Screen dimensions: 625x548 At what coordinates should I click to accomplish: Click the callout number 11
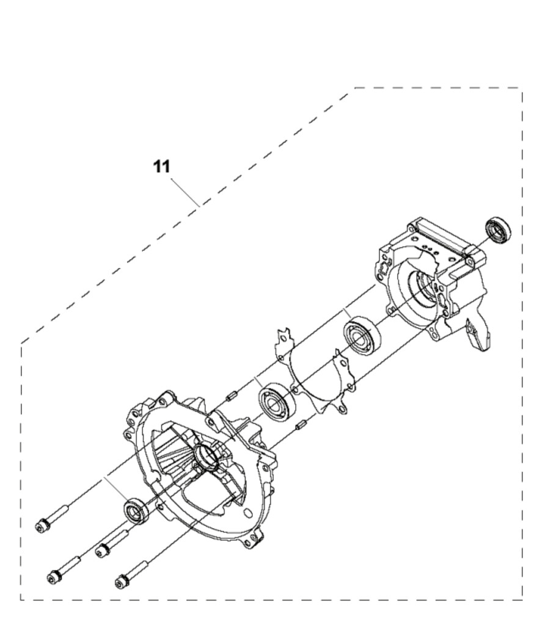[x=161, y=166]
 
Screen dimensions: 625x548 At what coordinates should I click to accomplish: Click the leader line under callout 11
[x=186, y=191]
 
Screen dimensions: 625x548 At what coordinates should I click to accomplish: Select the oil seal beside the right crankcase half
[x=498, y=229]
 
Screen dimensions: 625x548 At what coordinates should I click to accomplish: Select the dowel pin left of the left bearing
[x=232, y=397]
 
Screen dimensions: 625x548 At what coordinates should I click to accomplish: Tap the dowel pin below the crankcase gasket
[x=300, y=425]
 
